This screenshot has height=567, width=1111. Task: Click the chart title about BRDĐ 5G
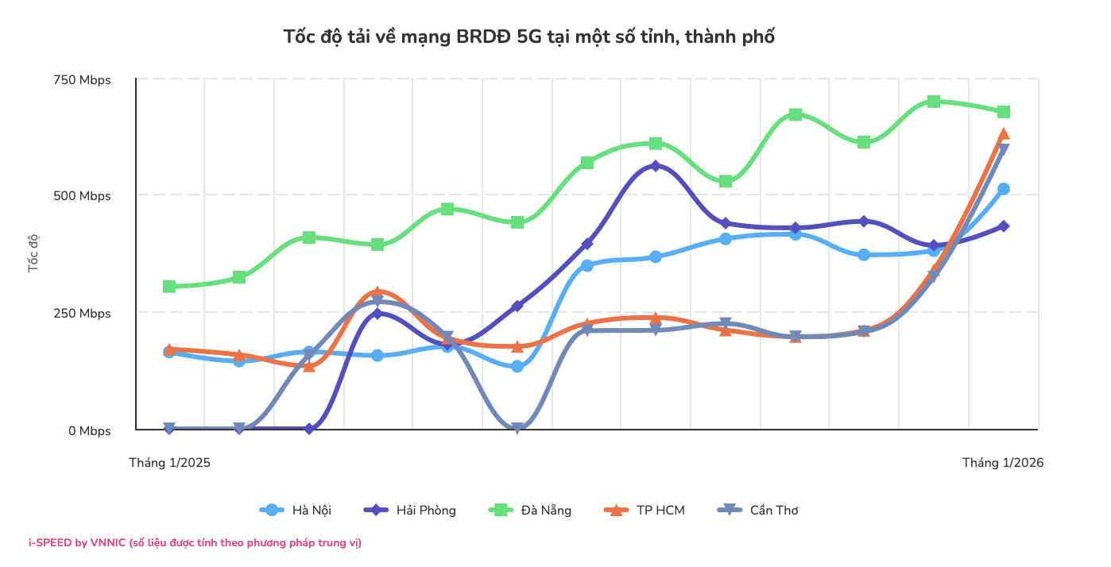(x=528, y=37)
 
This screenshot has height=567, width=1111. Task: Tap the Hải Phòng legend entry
(x=410, y=510)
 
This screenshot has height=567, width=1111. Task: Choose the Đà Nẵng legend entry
(x=530, y=510)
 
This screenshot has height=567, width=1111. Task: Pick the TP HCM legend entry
(x=645, y=510)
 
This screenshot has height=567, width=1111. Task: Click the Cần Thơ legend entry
(x=757, y=510)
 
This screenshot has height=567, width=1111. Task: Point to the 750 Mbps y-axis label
(x=83, y=80)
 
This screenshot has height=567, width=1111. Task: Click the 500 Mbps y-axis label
(x=83, y=196)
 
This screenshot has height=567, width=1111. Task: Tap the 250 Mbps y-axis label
(x=83, y=314)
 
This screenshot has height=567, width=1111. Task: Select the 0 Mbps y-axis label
(x=89, y=430)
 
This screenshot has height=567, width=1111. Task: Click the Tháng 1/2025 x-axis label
(x=170, y=462)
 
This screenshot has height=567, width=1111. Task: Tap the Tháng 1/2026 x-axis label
(x=1003, y=462)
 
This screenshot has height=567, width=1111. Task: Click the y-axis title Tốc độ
(x=33, y=253)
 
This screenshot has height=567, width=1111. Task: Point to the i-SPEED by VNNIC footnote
(x=195, y=543)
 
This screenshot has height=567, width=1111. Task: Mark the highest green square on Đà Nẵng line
(x=934, y=102)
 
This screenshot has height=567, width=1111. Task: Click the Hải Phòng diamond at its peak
(x=656, y=166)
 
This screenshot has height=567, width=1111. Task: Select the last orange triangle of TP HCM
(x=1004, y=133)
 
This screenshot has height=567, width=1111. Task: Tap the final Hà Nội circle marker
(x=1004, y=189)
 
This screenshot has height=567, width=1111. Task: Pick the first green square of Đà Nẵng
(x=169, y=286)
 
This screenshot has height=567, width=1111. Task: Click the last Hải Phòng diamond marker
(x=1004, y=226)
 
